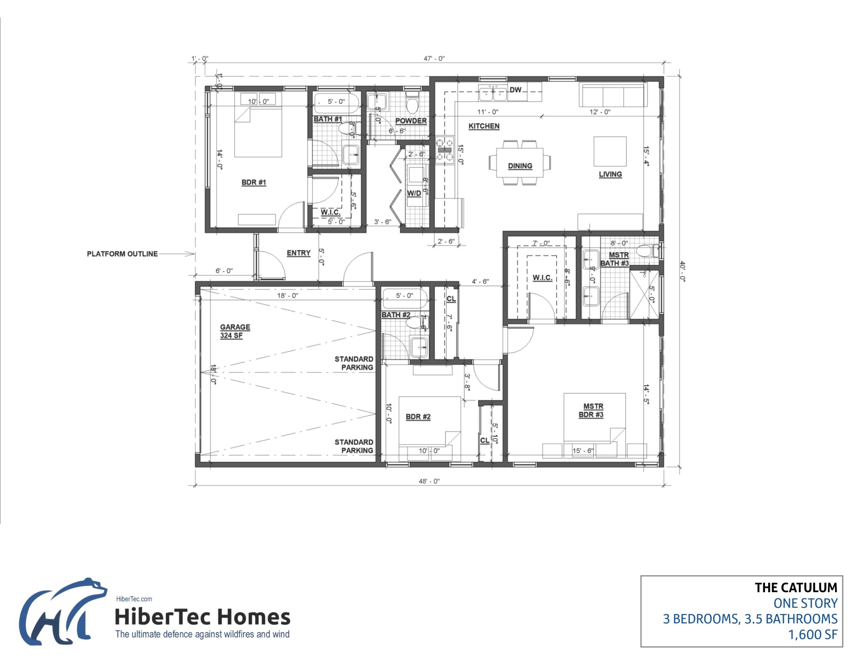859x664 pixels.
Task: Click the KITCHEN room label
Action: click(x=484, y=126)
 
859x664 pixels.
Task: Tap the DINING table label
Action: click(x=520, y=166)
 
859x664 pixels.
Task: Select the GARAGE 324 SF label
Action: click(x=235, y=331)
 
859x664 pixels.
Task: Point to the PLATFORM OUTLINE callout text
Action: click(x=122, y=254)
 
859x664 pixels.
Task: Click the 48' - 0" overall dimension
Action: click(x=429, y=481)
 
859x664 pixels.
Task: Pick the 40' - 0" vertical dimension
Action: click(x=683, y=272)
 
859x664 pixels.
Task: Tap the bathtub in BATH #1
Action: click(x=336, y=102)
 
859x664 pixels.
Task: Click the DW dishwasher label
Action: click(x=515, y=90)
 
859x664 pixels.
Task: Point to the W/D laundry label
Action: click(x=414, y=193)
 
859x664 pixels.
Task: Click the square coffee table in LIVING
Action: click(x=610, y=151)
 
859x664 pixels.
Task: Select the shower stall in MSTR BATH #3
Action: click(x=645, y=294)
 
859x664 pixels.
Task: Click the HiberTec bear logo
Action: click(x=63, y=612)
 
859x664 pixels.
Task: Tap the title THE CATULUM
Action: click(x=796, y=588)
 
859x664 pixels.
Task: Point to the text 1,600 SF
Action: click(x=813, y=635)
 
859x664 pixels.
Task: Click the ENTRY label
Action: click(x=299, y=253)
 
